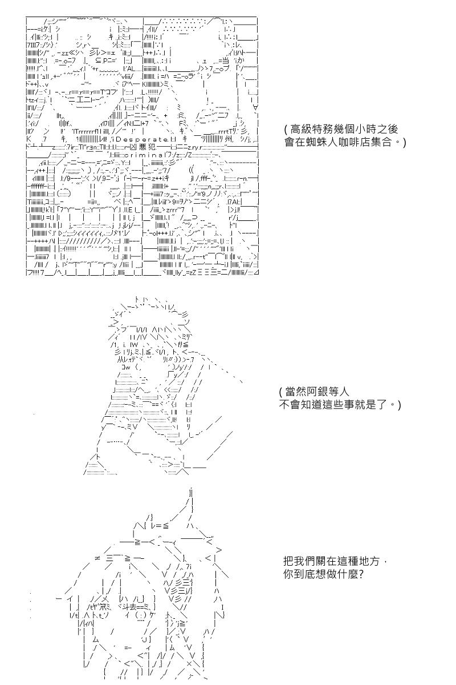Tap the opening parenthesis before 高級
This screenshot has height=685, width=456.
(x=286, y=130)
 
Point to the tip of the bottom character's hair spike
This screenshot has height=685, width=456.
(x=190, y=489)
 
